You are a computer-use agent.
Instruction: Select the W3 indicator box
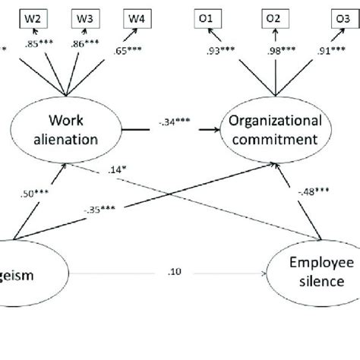(x=85, y=17)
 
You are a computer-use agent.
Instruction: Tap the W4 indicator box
(x=134, y=17)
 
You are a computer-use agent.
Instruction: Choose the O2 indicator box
(x=274, y=17)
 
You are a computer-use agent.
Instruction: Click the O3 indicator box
(x=337, y=17)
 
